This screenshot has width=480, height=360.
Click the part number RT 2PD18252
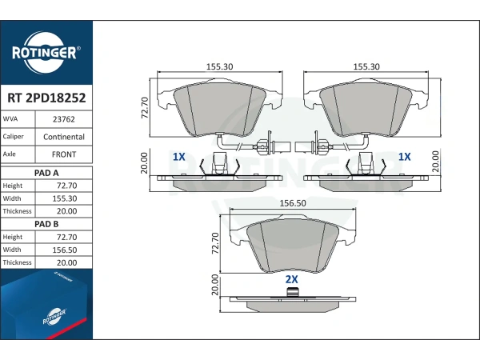pyautogui.click(x=46, y=98)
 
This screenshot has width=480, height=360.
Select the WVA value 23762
pyautogui.click(x=64, y=119)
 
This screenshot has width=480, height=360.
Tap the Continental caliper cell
pyautogui.click(x=64, y=137)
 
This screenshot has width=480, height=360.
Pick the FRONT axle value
pyautogui.click(x=64, y=154)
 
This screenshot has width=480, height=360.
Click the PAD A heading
pyautogui.click(x=46, y=173)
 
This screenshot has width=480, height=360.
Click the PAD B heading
pyautogui.click(x=46, y=224)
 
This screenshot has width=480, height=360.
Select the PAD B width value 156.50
pyautogui.click(x=65, y=250)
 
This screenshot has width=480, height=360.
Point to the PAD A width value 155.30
pyautogui.click(x=65, y=198)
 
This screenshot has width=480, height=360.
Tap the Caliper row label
pyautogui.click(x=13, y=137)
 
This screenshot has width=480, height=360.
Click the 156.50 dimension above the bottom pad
pyautogui.click(x=293, y=203)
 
